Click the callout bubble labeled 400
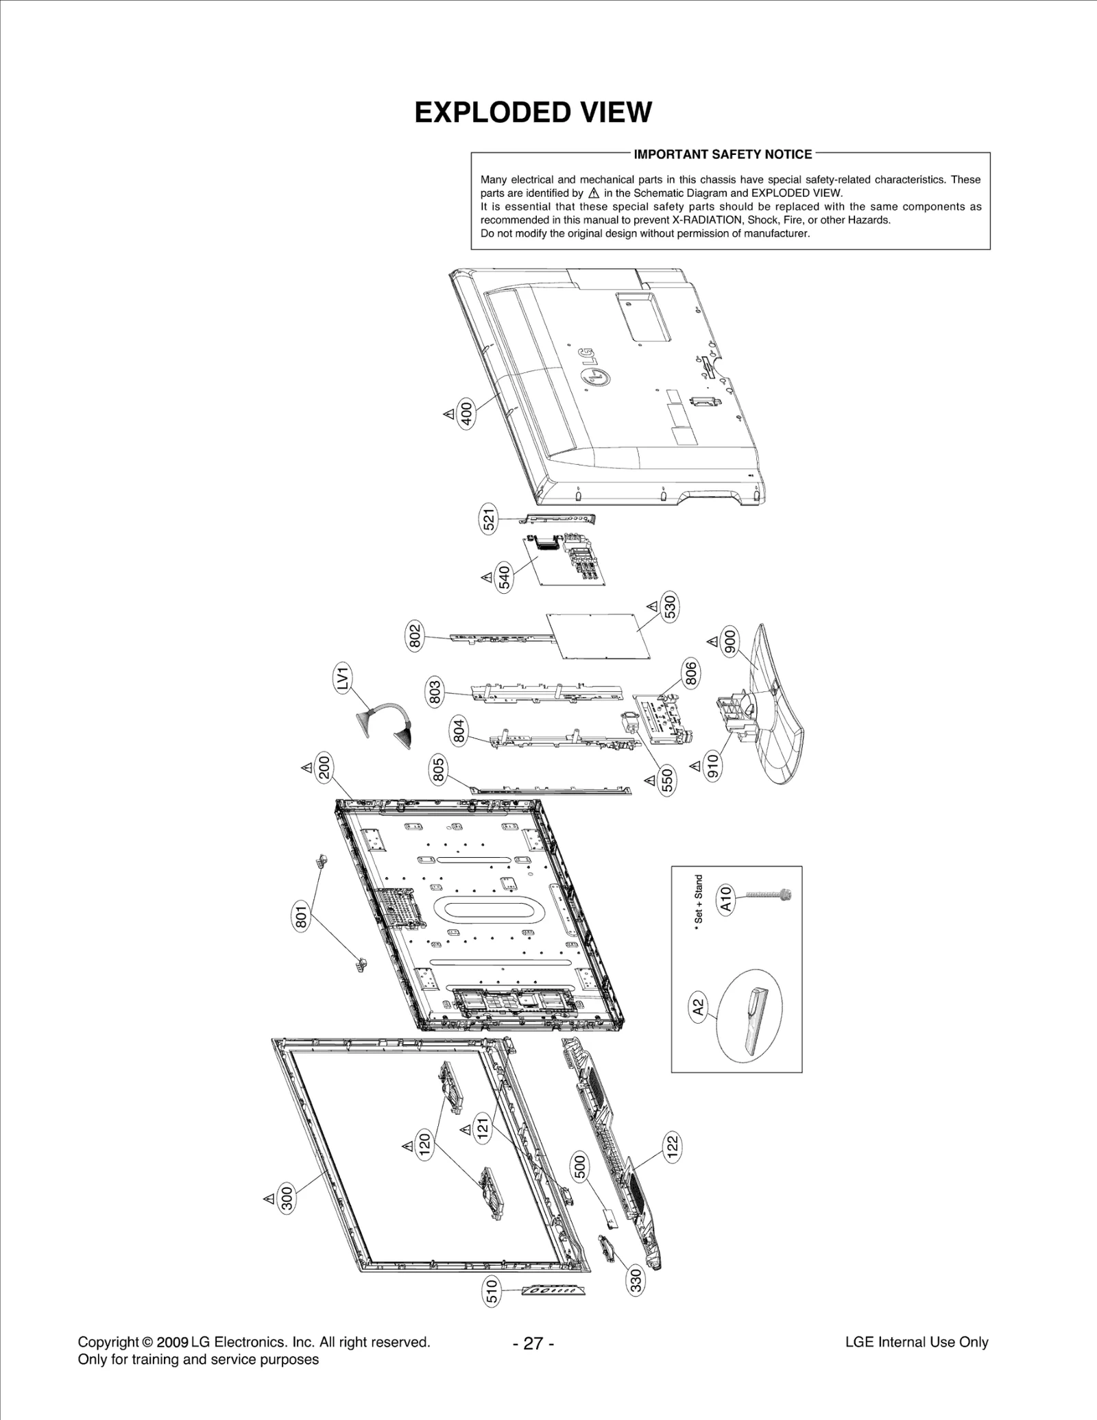click(466, 415)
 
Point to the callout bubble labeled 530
click(670, 607)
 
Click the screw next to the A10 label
click(768, 894)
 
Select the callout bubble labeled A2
click(698, 1007)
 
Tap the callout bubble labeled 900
click(730, 641)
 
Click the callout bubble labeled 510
click(492, 1292)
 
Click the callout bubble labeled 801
click(301, 917)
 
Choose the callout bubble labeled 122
click(672, 1144)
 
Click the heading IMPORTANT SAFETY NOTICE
click(723, 154)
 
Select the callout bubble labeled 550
click(666, 780)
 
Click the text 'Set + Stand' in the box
click(699, 898)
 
